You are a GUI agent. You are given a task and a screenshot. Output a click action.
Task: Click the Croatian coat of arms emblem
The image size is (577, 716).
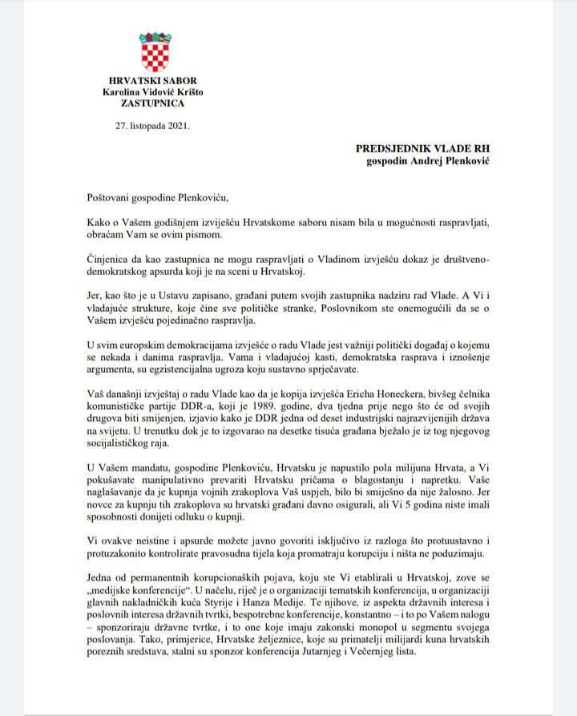click(x=152, y=52)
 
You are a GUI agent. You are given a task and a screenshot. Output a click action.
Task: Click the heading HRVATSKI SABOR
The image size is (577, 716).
click(x=152, y=81)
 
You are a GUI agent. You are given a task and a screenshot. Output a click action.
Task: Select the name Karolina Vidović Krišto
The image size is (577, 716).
click(x=152, y=92)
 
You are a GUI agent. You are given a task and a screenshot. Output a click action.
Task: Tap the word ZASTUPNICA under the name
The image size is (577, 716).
click(x=152, y=103)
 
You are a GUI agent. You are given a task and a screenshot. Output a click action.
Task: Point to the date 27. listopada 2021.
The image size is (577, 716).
click(x=152, y=126)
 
